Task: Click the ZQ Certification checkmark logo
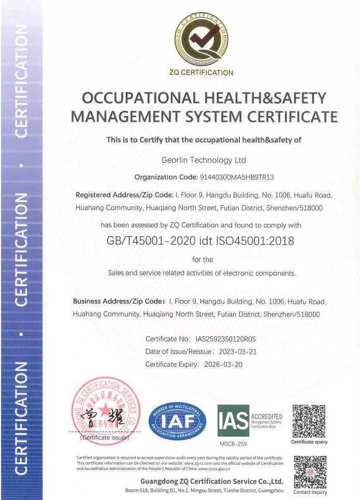200,39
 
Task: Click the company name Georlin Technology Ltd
204,160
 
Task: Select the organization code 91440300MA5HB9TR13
236,177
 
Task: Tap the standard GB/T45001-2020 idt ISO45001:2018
200,241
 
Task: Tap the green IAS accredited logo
249,421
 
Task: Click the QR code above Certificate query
309,420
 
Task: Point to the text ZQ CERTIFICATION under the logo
201,73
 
